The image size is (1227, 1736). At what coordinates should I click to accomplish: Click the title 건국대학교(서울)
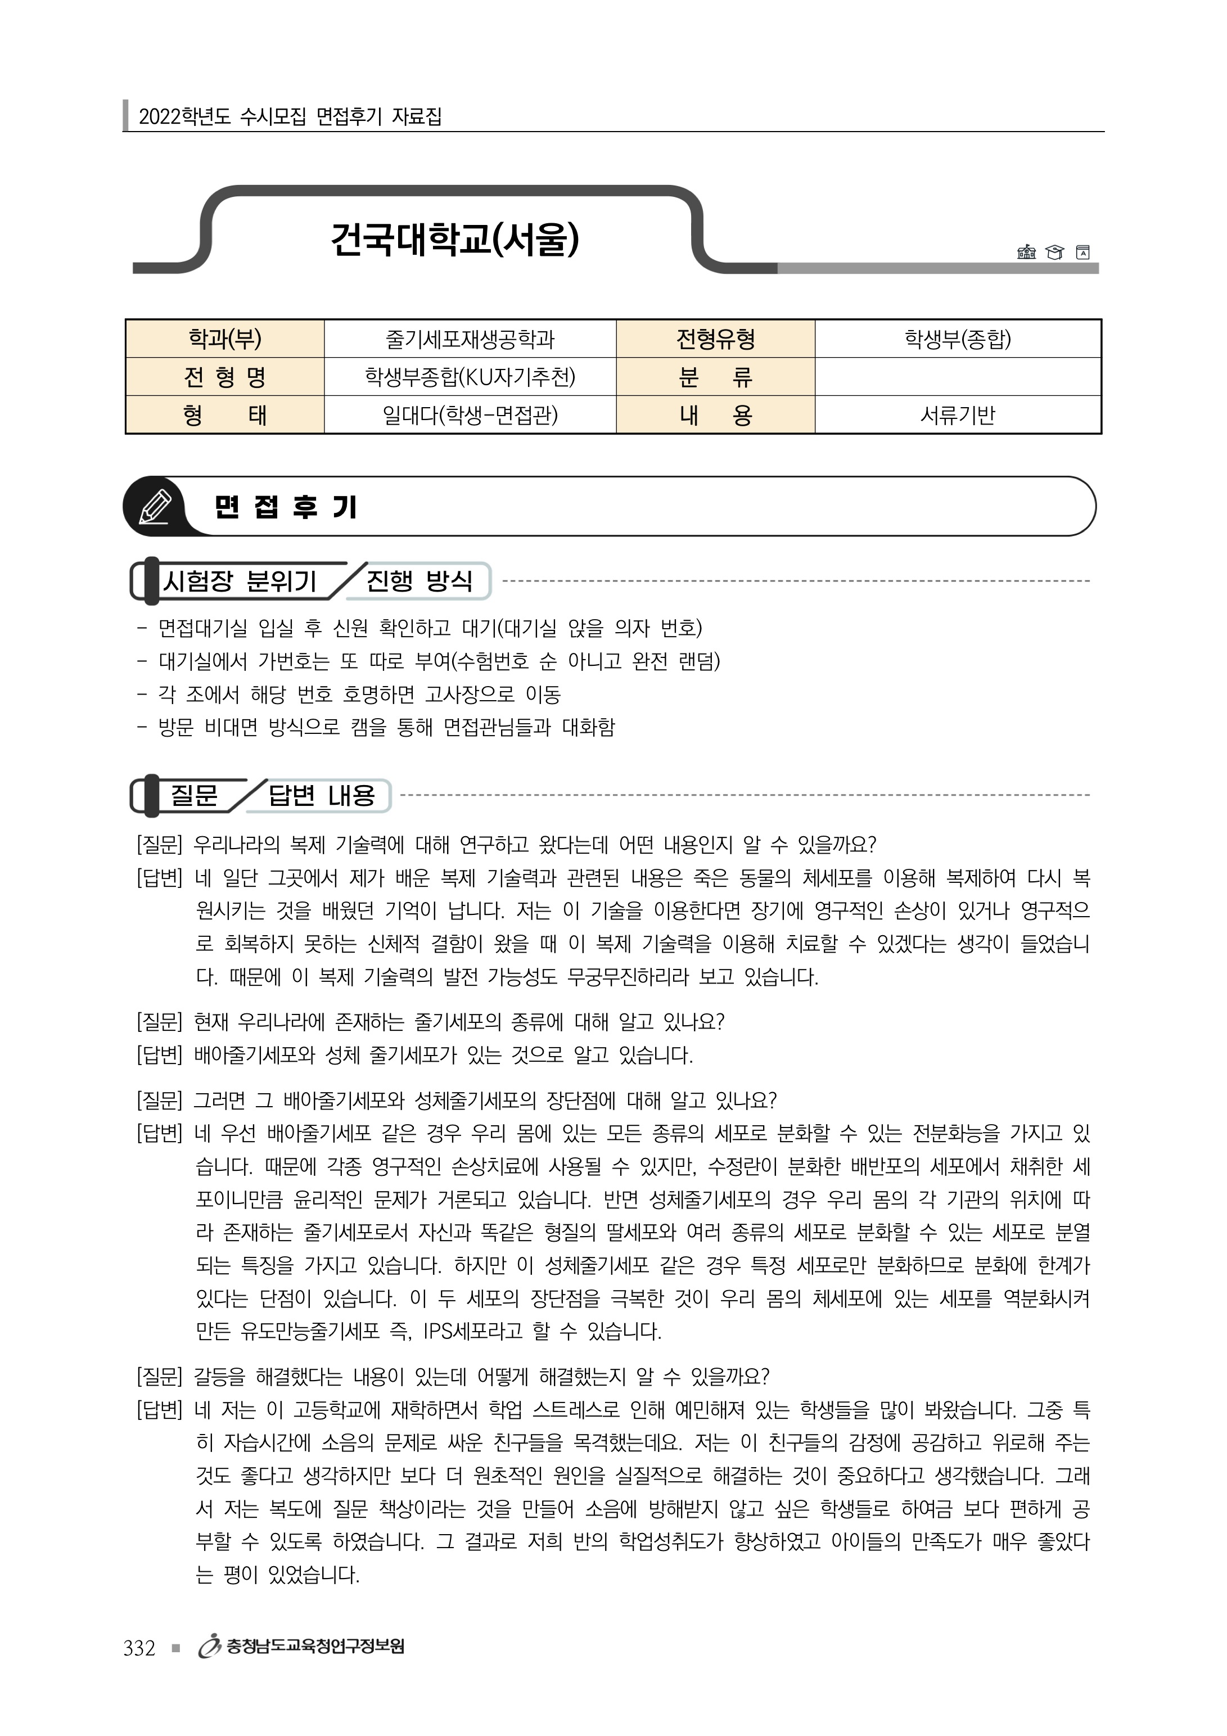pos(454,239)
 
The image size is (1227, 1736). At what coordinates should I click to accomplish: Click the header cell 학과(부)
pos(224,339)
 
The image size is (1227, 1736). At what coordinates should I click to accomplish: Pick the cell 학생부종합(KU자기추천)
pos(470,377)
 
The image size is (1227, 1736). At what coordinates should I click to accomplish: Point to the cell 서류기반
pos(957,415)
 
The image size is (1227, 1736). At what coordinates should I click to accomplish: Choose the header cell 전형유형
pos(715,339)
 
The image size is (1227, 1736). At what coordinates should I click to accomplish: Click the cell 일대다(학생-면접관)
pos(470,415)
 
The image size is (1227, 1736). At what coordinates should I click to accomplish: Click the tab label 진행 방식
pos(419,581)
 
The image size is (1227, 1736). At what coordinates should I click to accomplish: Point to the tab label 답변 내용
pos(321,795)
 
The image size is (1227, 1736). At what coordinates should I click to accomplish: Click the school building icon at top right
pos(1026,252)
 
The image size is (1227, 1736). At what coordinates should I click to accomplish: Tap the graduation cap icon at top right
pos(1054,252)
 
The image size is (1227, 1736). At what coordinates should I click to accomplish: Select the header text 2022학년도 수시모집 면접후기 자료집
pos(290,116)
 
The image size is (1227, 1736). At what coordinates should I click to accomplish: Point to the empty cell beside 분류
pos(957,377)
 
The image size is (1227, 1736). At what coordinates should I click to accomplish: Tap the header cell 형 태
pos(224,415)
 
